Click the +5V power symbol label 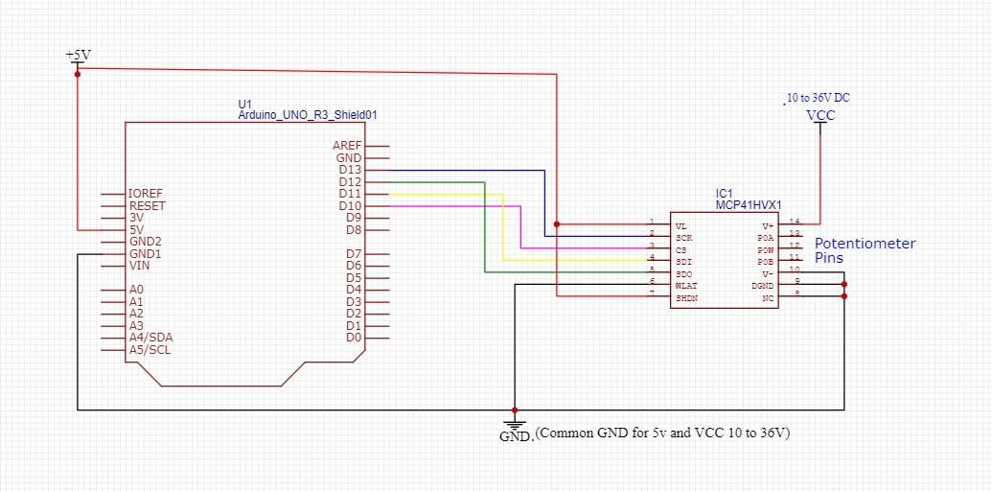point(78,55)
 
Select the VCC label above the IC point(820,115)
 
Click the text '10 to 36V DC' point(818,98)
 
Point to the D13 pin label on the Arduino point(350,170)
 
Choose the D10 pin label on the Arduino point(350,206)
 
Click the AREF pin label point(347,146)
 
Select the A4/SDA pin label point(150,338)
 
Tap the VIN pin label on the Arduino point(139,266)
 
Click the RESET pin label point(147,205)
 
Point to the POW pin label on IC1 point(765,248)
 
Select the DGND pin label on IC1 point(763,285)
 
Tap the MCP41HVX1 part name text point(749,204)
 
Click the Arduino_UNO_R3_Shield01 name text point(307,114)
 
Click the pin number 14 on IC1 point(794,222)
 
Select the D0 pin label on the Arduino point(354,338)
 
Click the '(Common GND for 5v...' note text point(662,433)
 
